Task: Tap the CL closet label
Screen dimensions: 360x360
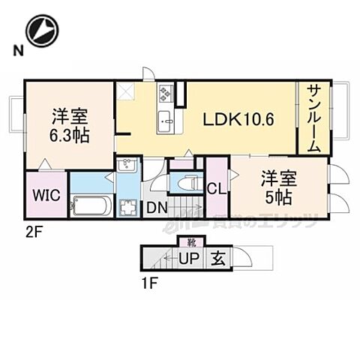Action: click(217, 187)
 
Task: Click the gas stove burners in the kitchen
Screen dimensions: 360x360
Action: click(166, 94)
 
